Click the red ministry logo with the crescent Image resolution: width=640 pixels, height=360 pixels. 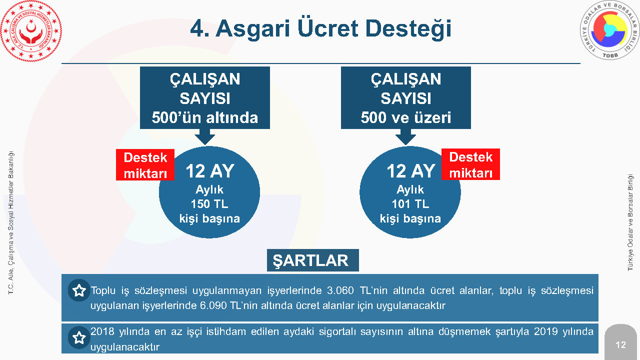click(31, 31)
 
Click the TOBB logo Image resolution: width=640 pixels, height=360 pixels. click(609, 31)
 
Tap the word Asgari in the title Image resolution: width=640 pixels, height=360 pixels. click(253, 29)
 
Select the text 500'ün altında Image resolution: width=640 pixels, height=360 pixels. click(205, 117)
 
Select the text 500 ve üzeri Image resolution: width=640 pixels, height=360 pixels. click(405, 117)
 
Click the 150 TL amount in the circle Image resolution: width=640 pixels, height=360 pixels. click(209, 204)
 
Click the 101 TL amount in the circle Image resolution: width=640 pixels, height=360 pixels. click(410, 204)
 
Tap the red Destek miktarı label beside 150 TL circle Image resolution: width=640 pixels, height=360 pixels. click(145, 165)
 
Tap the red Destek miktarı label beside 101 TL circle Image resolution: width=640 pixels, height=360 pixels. click(470, 164)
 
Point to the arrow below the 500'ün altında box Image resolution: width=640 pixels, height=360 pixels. click(205, 136)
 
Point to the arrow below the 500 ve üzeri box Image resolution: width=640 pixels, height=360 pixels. click(405, 136)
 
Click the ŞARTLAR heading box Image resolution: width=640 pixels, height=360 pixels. click(313, 260)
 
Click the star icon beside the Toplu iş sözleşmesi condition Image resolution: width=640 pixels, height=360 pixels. click(79, 290)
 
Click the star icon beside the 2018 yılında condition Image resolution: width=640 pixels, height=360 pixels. click(79, 337)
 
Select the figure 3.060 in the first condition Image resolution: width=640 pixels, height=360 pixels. click(340, 290)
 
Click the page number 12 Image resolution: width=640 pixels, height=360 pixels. click(620, 345)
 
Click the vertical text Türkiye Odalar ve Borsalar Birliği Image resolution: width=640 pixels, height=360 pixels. click(630, 222)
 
